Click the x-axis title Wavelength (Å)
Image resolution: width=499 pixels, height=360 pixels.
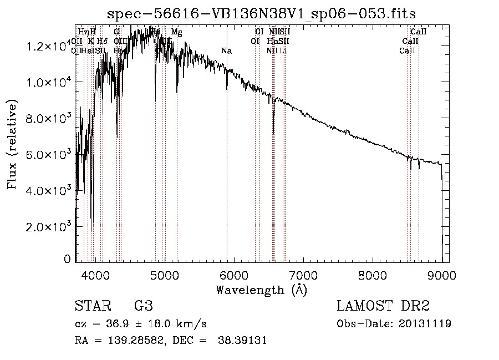(261, 290)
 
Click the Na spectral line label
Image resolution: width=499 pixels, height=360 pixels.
(226, 50)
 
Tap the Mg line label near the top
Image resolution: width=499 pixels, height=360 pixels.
(176, 32)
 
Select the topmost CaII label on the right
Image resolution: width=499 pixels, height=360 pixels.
(418, 32)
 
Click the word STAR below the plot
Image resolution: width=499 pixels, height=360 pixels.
(91, 307)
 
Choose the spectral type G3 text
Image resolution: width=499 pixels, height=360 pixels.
(143, 307)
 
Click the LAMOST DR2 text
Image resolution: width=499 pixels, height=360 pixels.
(383, 307)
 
